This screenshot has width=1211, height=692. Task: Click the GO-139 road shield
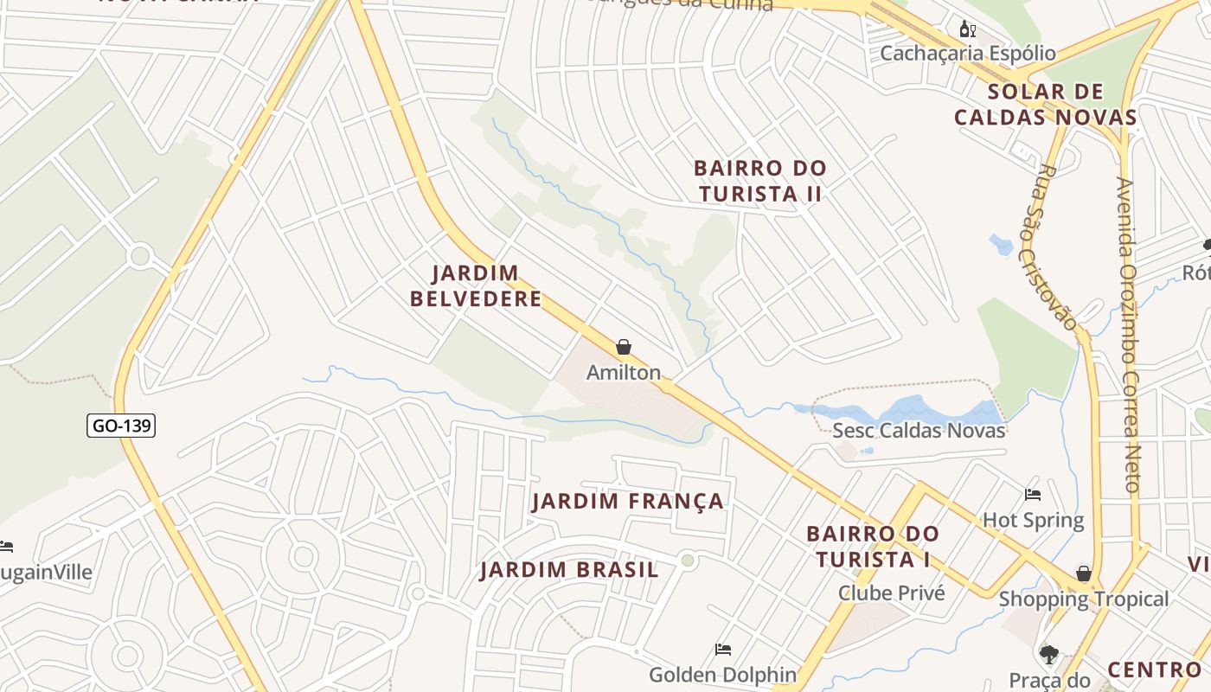121,426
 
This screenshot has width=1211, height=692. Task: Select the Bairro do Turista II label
759,181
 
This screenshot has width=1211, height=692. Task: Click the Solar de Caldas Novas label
1045,105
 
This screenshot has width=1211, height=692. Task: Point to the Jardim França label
627,501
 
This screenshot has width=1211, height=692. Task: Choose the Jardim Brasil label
569,569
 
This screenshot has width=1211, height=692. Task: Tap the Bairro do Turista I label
872,547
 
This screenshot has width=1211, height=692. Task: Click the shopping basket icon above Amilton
624,347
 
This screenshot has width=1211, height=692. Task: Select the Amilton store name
624,373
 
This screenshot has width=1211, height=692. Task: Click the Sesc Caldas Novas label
919,430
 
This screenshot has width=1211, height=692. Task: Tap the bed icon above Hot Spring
1033,495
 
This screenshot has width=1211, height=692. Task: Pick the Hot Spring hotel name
1033,520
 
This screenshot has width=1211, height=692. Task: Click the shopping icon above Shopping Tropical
1083,573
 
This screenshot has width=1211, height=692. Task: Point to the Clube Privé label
891,593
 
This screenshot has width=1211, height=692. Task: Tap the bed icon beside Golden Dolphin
723,650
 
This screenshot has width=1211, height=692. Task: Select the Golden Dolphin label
722,674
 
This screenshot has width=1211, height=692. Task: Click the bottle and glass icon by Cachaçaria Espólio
968,29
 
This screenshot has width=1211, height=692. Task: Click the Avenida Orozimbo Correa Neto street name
1129,335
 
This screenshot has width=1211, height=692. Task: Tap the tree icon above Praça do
1049,655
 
